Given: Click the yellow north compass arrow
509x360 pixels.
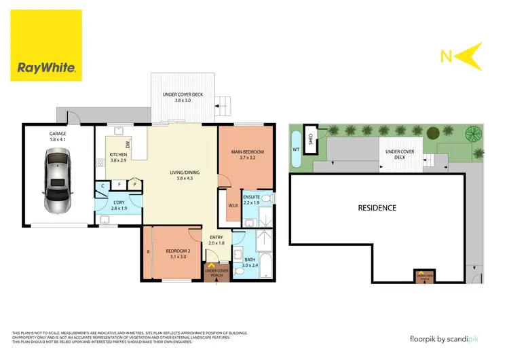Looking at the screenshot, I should click(x=468, y=56).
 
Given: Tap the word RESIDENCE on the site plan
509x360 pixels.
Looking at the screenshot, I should click(x=377, y=208).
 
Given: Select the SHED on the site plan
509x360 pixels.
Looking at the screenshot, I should click(x=311, y=137).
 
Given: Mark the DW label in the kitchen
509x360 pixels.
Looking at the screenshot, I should click(x=127, y=145).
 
